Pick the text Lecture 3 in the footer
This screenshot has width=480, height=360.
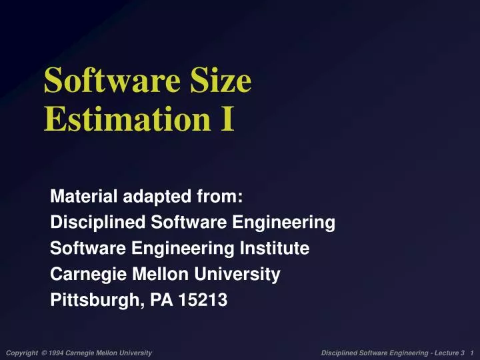click(x=449, y=352)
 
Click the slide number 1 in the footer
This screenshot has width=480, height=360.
click(x=471, y=352)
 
